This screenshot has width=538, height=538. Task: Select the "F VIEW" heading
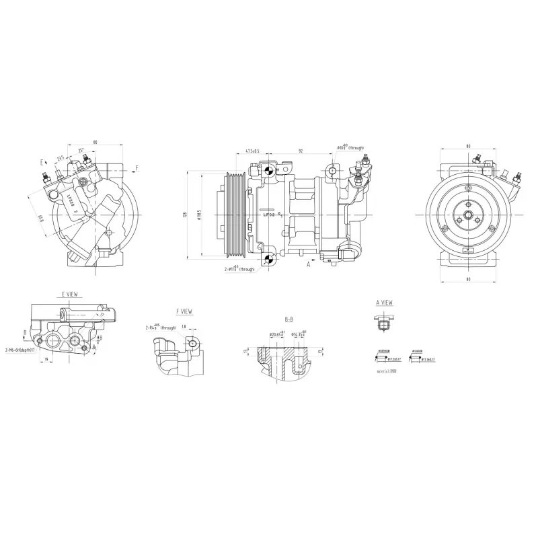[184, 312]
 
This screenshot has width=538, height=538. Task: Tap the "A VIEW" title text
[384, 303]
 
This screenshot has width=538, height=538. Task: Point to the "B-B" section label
[289, 319]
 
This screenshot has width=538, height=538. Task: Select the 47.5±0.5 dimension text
[252, 151]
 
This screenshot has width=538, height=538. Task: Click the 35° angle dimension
[81, 151]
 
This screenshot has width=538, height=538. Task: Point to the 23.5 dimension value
[61, 159]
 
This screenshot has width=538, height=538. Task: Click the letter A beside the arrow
[308, 264]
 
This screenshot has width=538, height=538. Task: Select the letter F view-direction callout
[137, 167]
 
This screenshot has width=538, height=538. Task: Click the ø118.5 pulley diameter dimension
[200, 215]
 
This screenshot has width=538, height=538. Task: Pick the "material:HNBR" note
[387, 369]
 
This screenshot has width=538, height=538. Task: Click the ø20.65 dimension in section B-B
[276, 334]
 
